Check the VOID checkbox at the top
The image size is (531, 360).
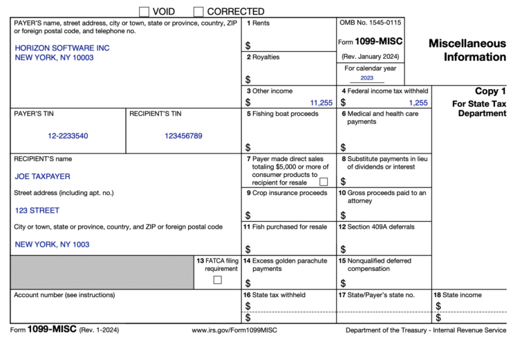144,11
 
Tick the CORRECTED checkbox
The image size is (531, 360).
198,11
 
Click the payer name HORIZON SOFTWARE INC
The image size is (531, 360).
62,48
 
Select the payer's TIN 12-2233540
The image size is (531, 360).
68,136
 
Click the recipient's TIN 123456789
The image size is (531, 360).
183,136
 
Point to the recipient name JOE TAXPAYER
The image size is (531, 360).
42,176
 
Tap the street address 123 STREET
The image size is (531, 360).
37,210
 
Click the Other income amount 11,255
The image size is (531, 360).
322,102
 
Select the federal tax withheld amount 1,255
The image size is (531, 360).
418,102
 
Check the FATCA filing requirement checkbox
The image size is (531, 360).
218,280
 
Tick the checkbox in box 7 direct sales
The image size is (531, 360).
324,182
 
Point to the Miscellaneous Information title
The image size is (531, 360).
467,50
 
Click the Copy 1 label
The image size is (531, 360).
490,91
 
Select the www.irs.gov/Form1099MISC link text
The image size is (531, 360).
234,330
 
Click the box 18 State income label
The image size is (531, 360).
458,295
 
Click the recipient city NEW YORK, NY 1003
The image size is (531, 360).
52,244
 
